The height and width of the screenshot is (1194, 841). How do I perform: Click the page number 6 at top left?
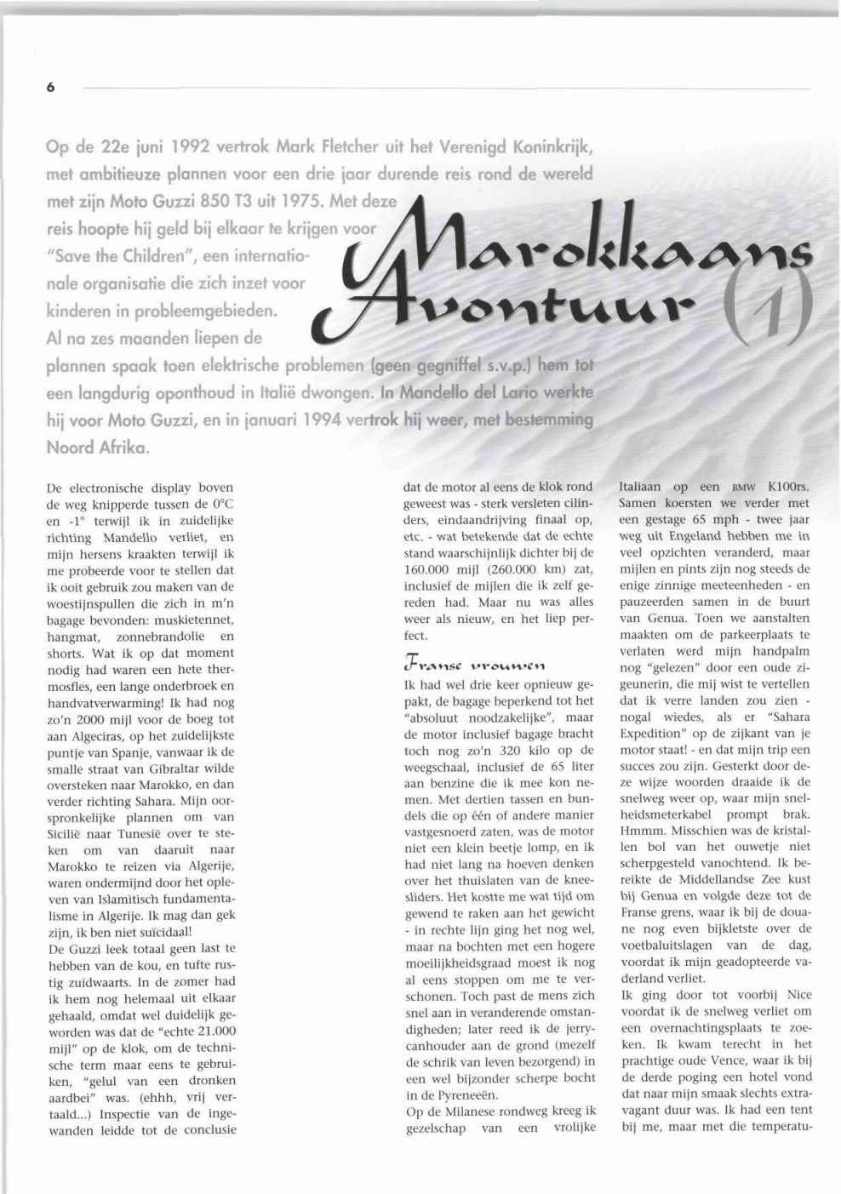click(x=51, y=87)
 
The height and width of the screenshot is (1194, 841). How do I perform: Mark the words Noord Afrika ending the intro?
click(x=97, y=447)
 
